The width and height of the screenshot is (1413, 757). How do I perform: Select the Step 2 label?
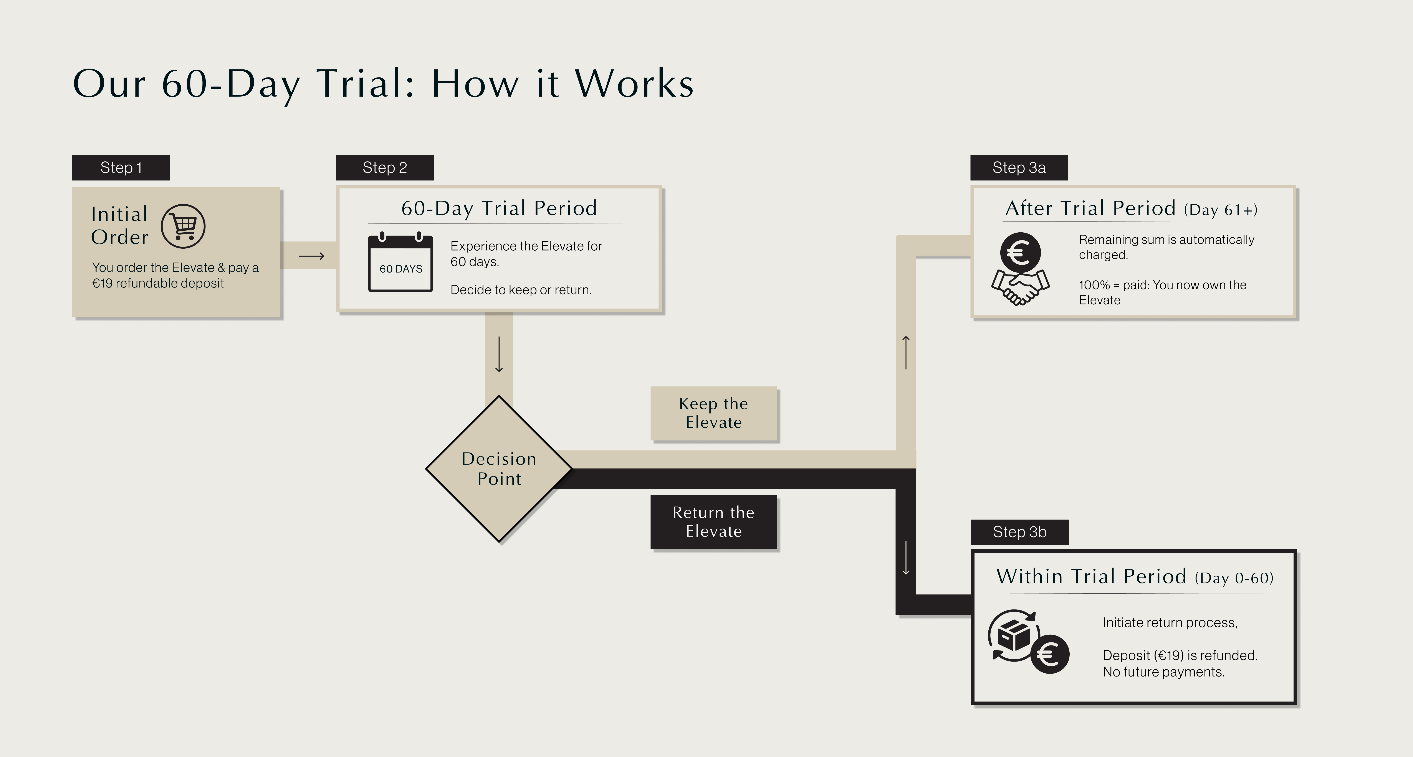[x=384, y=168]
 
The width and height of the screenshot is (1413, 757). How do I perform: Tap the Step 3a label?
[x=1019, y=168]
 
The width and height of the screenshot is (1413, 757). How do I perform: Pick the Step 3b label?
[x=1019, y=532]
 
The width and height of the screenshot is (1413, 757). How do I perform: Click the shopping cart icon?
[x=183, y=226]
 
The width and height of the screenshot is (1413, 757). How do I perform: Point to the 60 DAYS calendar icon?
[x=400, y=263]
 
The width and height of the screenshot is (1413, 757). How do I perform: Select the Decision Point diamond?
[x=499, y=469]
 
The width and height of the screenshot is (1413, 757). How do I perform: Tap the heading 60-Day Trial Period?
[x=499, y=208]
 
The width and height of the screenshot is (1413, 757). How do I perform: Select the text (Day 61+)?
[x=1221, y=210]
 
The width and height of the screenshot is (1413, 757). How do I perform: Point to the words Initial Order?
[x=120, y=225]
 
